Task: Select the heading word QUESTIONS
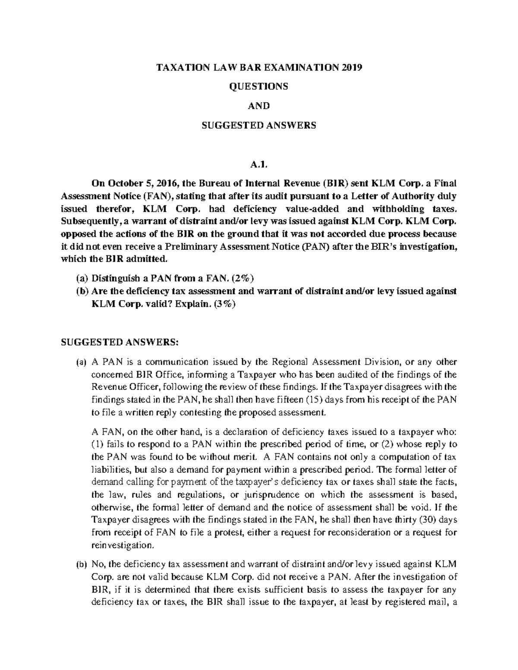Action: coord(259,87)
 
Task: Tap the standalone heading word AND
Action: coord(259,106)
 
